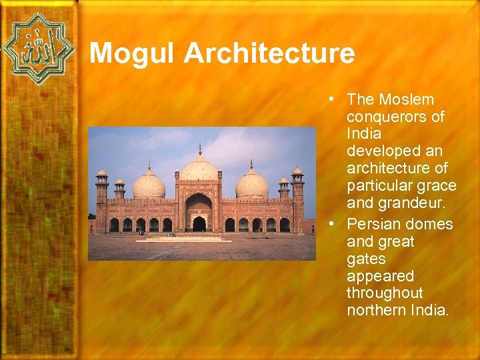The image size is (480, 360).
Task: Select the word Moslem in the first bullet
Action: pyautogui.click(x=407, y=99)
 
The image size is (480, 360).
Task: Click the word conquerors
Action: pyautogui.click(x=395, y=117)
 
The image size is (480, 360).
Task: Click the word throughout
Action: pyautogui.click(x=385, y=293)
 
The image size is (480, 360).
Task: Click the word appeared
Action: pyautogui.click(x=380, y=275)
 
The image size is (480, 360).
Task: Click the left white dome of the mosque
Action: pyautogui.click(x=149, y=185)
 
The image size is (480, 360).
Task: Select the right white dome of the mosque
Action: pyautogui.click(x=251, y=185)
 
